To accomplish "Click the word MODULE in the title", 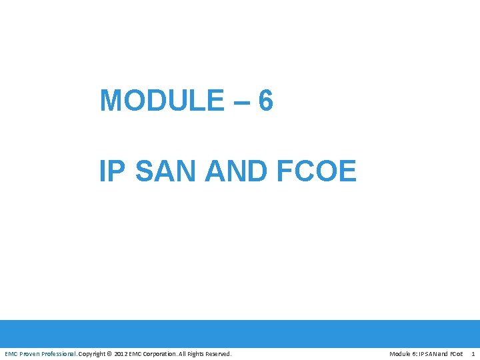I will [x=162, y=101].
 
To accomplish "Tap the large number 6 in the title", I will [x=265, y=101].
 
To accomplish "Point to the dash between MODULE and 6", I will [x=241, y=102].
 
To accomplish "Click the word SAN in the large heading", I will [x=166, y=171].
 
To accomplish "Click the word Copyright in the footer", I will [x=93, y=353].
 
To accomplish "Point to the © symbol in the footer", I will [x=110, y=353].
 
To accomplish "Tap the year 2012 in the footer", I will [x=121, y=353].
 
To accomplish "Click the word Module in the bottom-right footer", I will [x=401, y=353].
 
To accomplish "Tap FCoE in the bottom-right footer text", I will [x=456, y=353].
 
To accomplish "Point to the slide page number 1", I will [x=473, y=353].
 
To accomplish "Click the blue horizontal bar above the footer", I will [x=240, y=333].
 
